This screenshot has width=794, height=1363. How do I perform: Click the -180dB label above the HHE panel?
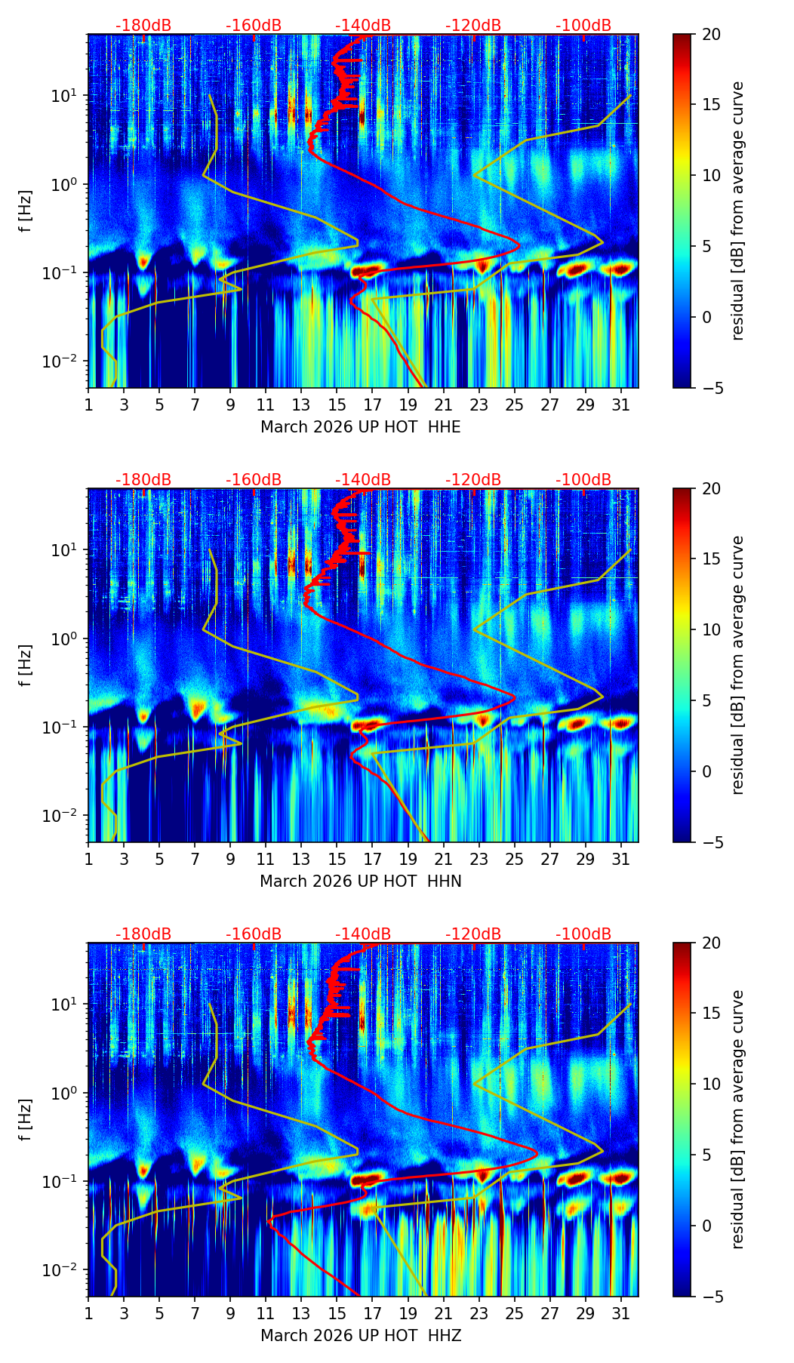pyautogui.click(x=143, y=26)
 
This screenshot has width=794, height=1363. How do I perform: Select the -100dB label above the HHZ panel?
pyautogui.click(x=583, y=934)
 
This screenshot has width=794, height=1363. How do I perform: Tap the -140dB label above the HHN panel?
pyautogui.click(x=363, y=480)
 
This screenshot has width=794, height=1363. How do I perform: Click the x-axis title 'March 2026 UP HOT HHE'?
pyautogui.click(x=360, y=427)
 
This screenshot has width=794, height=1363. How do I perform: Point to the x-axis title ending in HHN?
pyautogui.click(x=360, y=881)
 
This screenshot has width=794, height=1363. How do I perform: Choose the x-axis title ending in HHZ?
pyautogui.click(x=360, y=1336)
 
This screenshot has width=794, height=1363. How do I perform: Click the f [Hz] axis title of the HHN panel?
pyautogui.click(x=26, y=665)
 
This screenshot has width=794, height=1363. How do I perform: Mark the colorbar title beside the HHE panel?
pyautogui.click(x=737, y=211)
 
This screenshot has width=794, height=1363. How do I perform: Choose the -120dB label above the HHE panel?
pyautogui.click(x=473, y=26)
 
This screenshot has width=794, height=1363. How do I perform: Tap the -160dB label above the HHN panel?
pyautogui.click(x=254, y=480)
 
